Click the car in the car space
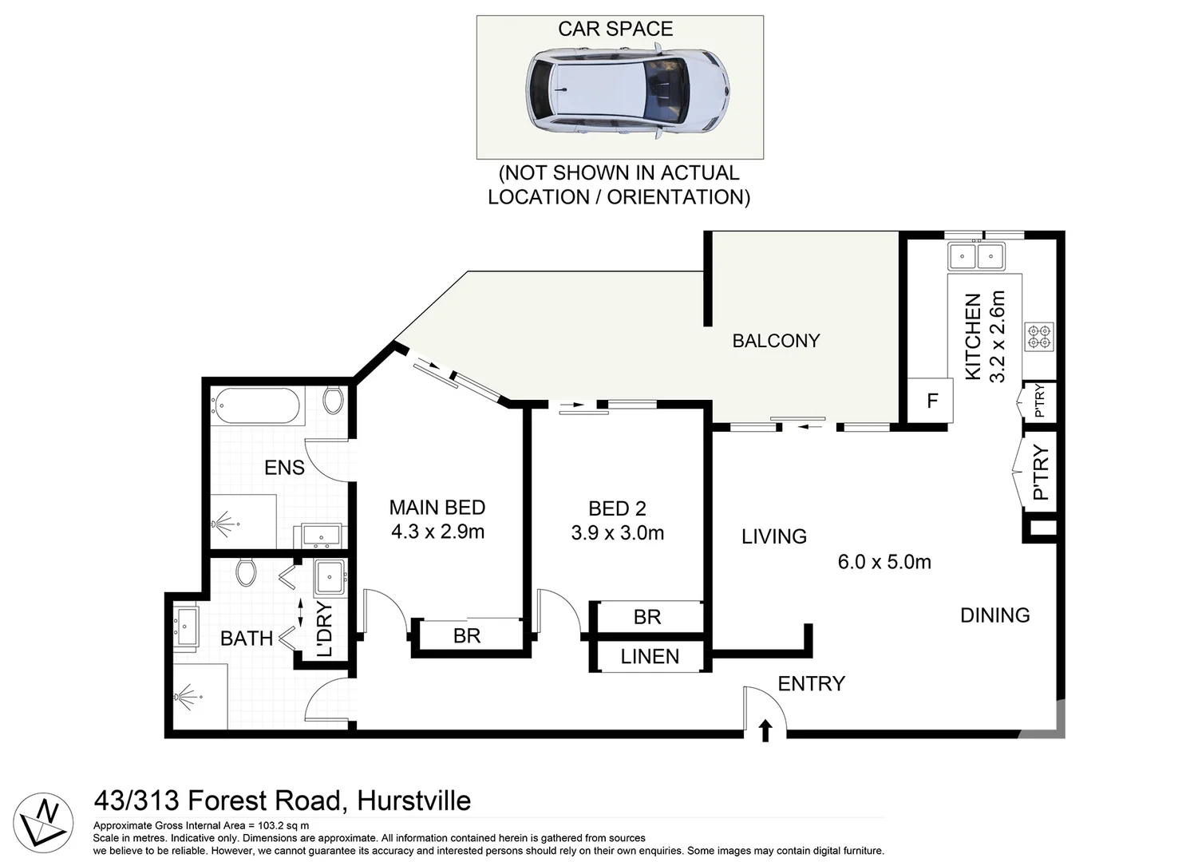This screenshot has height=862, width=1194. (x=628, y=90)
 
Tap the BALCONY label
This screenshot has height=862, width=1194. (x=776, y=341)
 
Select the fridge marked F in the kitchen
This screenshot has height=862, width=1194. (x=931, y=401)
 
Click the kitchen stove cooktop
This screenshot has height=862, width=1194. (x=1039, y=337)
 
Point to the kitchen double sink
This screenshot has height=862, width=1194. (x=975, y=257)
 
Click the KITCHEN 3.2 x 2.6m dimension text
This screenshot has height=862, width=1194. (x=985, y=337)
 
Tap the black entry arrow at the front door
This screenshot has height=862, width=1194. (x=765, y=730)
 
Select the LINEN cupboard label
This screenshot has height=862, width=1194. (x=650, y=656)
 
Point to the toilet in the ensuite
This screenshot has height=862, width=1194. (x=334, y=398)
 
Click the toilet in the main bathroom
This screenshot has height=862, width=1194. (x=246, y=571)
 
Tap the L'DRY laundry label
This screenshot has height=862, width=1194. (x=324, y=630)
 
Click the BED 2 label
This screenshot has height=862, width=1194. (x=617, y=508)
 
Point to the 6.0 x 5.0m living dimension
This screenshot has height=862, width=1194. (x=884, y=562)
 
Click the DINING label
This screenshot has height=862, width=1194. (x=994, y=615)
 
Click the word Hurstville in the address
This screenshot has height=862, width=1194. (x=413, y=801)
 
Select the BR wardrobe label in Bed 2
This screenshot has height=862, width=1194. (x=647, y=617)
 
